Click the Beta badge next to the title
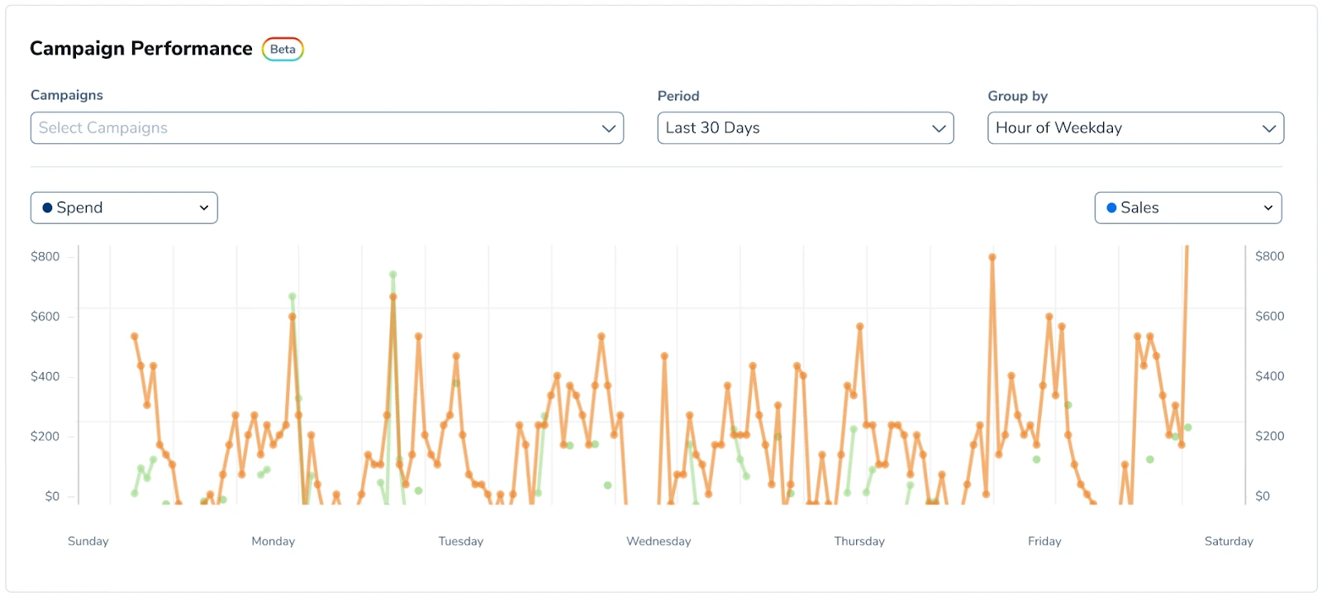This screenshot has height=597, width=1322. pos(283,50)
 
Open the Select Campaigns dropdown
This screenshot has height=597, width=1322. pos(326,128)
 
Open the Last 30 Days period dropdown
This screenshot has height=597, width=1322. pos(805,128)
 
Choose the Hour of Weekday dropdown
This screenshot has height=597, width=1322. pos(1134,128)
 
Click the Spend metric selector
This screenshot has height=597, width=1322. pos(124,208)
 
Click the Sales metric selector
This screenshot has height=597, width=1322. pos(1187,208)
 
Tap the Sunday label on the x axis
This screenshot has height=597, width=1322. pos(88,541)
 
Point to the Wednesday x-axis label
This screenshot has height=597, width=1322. pos(659,541)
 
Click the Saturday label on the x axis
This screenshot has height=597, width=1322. pos(1229,541)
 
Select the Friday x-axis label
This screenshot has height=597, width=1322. pos(1044,541)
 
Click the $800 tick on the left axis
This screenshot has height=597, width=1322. pos(45,256)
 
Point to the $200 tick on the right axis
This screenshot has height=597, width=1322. pos(1269,436)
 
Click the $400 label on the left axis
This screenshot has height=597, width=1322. pos(45,376)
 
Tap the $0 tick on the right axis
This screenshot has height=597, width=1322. pos(1263,496)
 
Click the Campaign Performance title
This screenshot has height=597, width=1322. pos(141,49)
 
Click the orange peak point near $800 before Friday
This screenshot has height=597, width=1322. pos(992,257)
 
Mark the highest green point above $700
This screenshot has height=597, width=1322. pos(393,275)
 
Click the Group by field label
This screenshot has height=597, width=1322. pos(1017,96)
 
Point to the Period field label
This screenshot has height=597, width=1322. pos(678,96)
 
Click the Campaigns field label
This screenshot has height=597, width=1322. pos(67,95)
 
